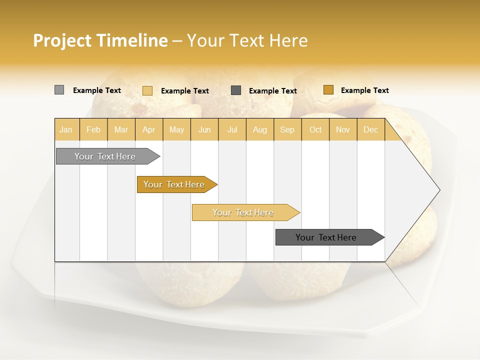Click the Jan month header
66,129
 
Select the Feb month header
93,129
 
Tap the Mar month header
121,129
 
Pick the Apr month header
148,129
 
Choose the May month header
176,129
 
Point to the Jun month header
204,129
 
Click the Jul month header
232,129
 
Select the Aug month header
259,129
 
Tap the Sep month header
287,129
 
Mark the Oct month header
315,129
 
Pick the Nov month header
343,129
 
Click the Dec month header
370,129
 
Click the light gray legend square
59,90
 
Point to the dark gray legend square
236,90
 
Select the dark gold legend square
328,90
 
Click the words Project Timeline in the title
100,40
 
